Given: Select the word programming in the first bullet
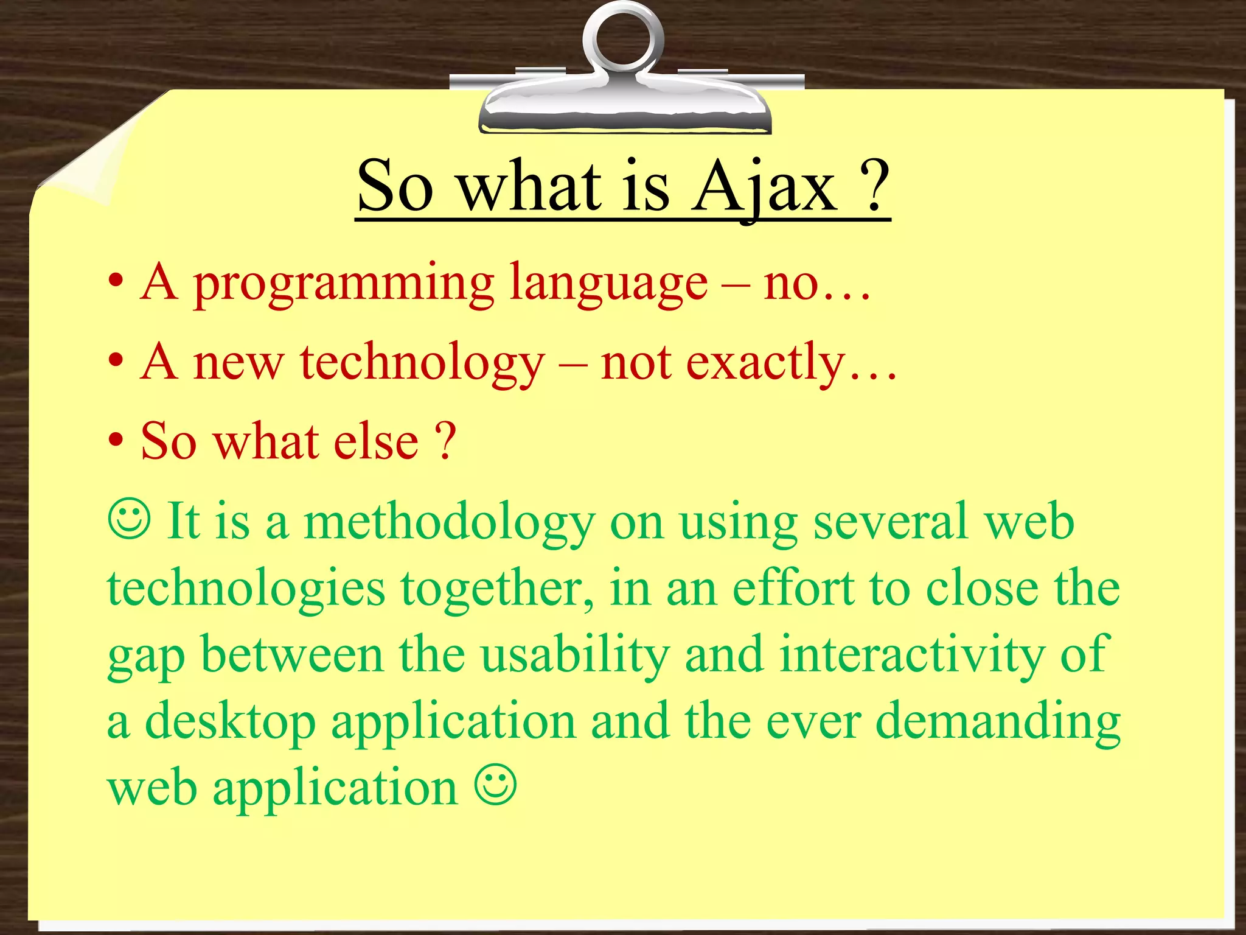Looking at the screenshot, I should (344, 284).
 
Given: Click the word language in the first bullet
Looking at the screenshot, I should (608, 284).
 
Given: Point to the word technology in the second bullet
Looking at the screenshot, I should (422, 364).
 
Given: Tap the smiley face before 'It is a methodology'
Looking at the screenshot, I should (129, 519).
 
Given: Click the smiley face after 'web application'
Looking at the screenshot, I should (496, 786).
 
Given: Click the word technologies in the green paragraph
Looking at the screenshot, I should (246, 589).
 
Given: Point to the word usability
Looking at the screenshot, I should (574, 654).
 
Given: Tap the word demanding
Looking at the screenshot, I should (998, 721).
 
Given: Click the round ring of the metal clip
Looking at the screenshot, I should (622, 37).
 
